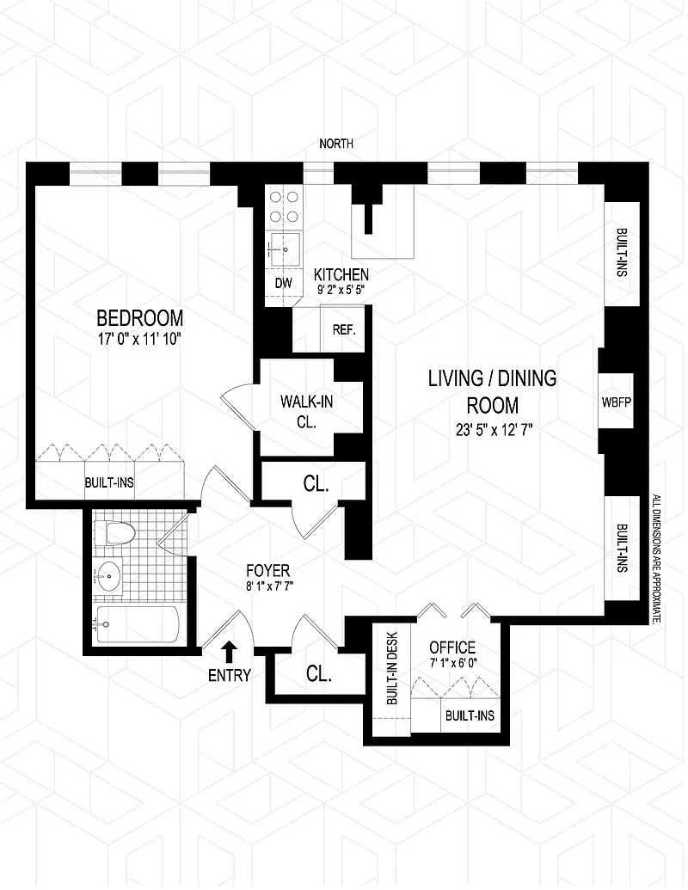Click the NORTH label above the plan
pyautogui.click(x=336, y=144)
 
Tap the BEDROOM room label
pyautogui.click(x=139, y=317)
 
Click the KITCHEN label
pyautogui.click(x=341, y=274)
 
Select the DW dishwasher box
pyautogui.click(x=283, y=283)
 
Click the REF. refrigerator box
pyautogui.click(x=343, y=329)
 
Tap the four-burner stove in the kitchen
pyautogui.click(x=284, y=206)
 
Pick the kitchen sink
pyautogui.click(x=284, y=249)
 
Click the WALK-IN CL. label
pyautogui.click(x=306, y=412)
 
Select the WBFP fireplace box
pyautogui.click(x=617, y=402)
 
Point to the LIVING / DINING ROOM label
pyautogui.click(x=492, y=391)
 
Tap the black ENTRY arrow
pyautogui.click(x=230, y=652)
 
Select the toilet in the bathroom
pyautogui.click(x=114, y=533)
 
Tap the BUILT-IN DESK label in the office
pyautogui.click(x=392, y=669)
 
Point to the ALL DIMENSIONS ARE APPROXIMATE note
pyautogui.click(x=657, y=559)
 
